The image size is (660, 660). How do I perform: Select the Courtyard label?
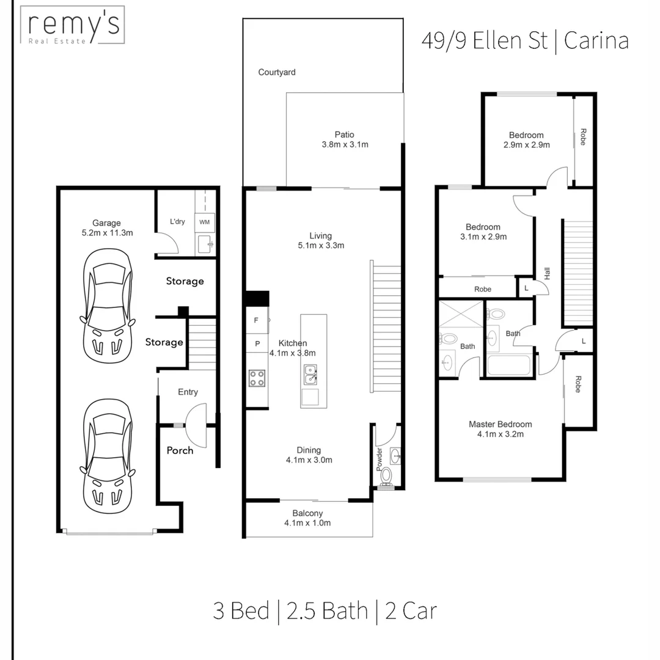pyautogui.click(x=276, y=72)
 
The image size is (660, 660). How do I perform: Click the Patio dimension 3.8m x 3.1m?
pyautogui.click(x=345, y=145)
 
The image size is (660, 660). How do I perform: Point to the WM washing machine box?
pyautogui.click(x=204, y=222)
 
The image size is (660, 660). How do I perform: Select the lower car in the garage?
pyautogui.click(x=106, y=455)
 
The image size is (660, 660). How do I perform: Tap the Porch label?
pyautogui.click(x=180, y=450)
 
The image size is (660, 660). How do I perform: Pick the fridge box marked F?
pyautogui.click(x=256, y=320)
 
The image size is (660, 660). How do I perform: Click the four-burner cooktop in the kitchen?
pyautogui.click(x=257, y=378)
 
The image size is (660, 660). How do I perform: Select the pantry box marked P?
pyautogui.click(x=257, y=344)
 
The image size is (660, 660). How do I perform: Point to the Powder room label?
pyautogui.click(x=379, y=458)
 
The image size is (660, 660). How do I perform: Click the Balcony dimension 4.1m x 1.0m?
pyautogui.click(x=307, y=523)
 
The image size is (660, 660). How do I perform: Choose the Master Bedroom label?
pyautogui.click(x=500, y=424)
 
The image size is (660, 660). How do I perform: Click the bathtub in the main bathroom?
pyautogui.click(x=511, y=365)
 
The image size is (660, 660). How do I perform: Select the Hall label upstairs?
pyautogui.click(x=548, y=273)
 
